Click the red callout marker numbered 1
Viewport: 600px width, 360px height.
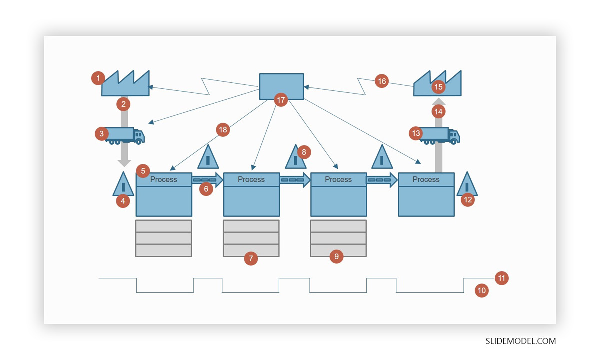click(98, 78)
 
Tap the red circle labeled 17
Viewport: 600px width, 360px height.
click(281, 100)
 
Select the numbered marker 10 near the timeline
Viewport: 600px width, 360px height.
click(481, 290)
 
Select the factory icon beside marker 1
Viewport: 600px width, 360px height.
click(126, 84)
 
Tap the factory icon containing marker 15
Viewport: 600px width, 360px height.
click(438, 84)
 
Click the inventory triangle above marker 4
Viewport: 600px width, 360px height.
click(123, 184)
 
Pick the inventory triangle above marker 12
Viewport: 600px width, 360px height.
click(467, 184)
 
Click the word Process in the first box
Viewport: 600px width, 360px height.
click(163, 179)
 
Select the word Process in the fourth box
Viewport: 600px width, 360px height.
click(426, 179)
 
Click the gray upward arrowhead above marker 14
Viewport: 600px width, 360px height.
click(438, 102)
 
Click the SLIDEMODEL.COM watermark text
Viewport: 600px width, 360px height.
click(520, 341)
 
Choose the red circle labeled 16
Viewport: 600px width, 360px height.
click(381, 81)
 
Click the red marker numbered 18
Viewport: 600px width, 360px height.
click(223, 130)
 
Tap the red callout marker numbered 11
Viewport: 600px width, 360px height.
click(501, 278)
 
